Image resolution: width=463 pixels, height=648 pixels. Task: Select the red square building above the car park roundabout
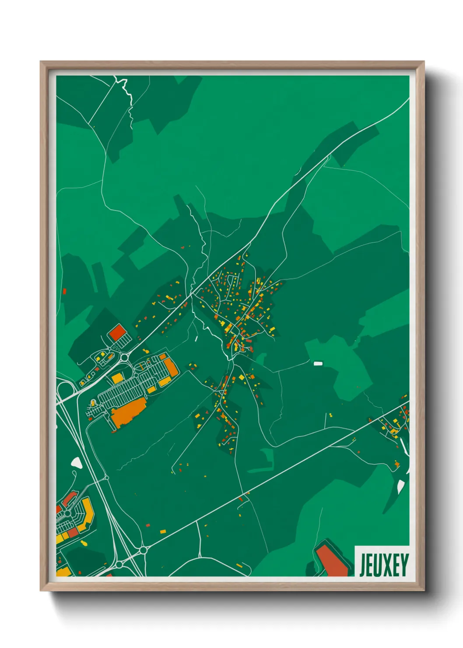click(x=117, y=333)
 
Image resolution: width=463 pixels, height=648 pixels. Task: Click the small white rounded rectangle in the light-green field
click(x=318, y=363)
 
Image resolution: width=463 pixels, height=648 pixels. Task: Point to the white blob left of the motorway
click(x=77, y=462)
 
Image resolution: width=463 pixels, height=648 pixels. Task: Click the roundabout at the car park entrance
click(x=124, y=357)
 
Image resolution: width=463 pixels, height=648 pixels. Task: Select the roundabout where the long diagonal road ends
click(x=143, y=550)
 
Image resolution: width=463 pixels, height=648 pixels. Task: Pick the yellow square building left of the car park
click(x=117, y=379)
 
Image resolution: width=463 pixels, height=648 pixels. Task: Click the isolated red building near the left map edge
click(x=64, y=291)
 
